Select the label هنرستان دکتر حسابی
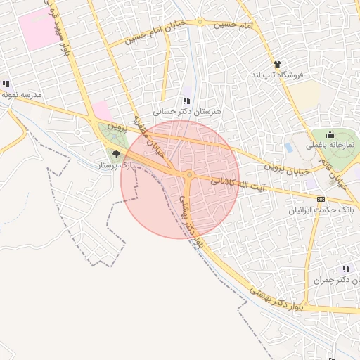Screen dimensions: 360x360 [188, 112]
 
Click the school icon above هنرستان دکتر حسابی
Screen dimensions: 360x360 [186, 101]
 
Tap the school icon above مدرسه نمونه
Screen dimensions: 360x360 [5, 83]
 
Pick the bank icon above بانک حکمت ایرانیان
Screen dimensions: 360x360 [321, 199]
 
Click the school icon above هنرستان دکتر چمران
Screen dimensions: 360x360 [346, 269]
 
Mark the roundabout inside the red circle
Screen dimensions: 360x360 [189, 174]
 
